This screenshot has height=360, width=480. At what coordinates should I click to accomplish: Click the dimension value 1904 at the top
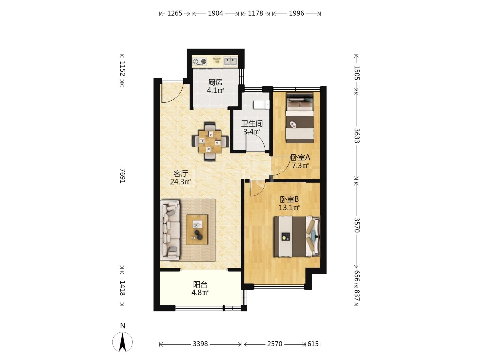(215, 13)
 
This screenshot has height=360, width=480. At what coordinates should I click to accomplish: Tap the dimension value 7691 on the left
(122, 176)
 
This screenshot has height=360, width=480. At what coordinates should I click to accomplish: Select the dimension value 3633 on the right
(357, 136)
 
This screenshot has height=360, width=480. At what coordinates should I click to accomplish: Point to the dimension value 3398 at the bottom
(200, 344)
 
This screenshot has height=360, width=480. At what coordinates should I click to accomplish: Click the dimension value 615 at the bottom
(313, 344)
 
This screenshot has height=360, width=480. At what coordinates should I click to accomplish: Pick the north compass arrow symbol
(122, 342)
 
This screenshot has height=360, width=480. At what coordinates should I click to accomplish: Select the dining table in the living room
(210, 141)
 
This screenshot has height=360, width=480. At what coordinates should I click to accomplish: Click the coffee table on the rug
(197, 230)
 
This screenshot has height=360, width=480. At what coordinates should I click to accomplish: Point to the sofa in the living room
(170, 230)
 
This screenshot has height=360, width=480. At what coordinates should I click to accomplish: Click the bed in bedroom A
(300, 118)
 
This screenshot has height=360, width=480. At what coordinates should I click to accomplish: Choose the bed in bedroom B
(297, 236)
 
